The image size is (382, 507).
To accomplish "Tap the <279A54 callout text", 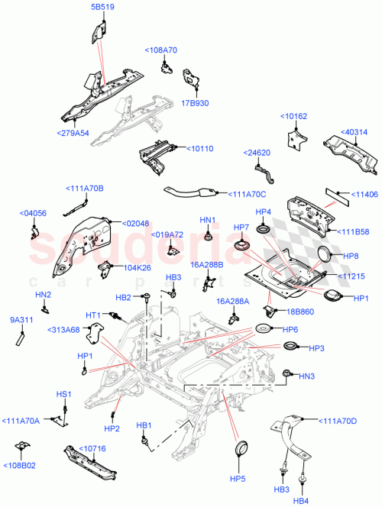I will tap(73, 132).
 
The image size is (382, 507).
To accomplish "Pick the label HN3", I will tap(307, 376).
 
